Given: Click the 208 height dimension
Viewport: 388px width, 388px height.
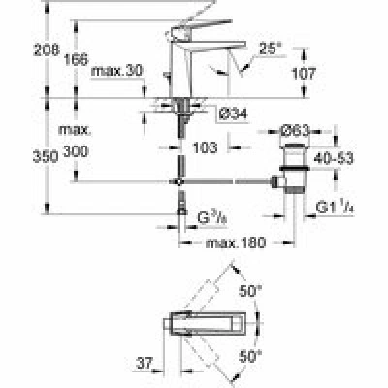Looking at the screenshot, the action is point(47,50).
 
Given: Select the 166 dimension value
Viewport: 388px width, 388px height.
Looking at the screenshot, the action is point(76,59).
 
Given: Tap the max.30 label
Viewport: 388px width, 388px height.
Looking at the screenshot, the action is point(116,71).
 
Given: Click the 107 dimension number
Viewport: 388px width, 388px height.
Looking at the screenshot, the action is point(304,74).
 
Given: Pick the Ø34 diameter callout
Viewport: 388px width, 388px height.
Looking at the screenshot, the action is point(233,113).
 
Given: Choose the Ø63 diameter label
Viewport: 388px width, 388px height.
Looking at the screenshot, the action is point(295,131).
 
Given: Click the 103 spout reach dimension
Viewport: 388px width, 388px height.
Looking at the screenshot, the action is point(205,147).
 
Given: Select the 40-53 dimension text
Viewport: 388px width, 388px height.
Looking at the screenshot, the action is point(334,158).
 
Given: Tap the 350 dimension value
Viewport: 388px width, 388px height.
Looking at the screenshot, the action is point(46,157).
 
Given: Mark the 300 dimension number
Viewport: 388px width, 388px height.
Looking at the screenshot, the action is point(76,151).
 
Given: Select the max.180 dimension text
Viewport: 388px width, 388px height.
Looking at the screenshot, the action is point(236,242).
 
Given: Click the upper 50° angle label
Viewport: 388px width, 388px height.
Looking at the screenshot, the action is point(250,291).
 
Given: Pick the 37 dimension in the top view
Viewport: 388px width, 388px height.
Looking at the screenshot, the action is point(144,364).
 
